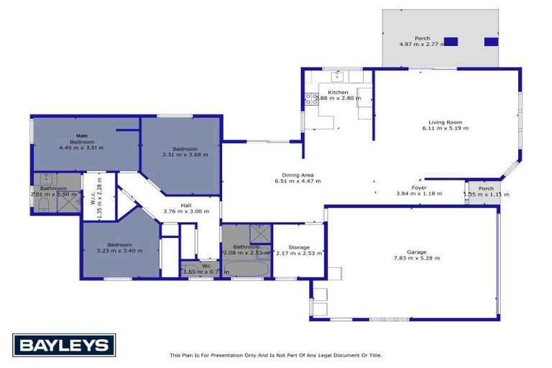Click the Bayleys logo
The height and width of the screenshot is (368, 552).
64,345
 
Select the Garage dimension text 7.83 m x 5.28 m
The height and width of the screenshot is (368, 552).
416,258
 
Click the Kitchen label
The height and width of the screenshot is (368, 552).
338,93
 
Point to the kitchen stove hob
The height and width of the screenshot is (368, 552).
312,99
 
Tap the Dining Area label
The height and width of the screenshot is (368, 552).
298,175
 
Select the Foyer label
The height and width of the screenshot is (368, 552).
419,187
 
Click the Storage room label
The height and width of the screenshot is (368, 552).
298,247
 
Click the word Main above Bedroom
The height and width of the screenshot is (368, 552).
82,136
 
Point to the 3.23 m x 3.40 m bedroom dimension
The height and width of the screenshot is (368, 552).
119,251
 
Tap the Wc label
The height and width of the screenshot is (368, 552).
206,266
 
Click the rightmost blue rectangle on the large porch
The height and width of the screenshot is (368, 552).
492,42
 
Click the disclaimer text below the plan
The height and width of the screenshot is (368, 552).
275,355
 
